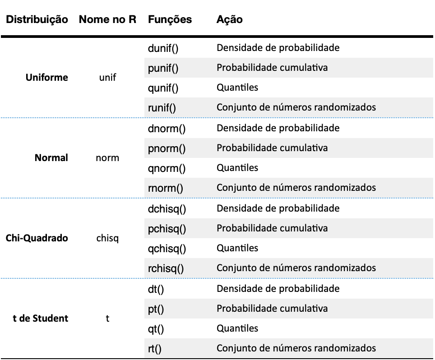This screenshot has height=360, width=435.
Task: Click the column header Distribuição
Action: pos(37,20)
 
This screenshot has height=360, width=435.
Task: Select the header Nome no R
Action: pos(108,19)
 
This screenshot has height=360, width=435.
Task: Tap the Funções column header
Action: pos(170,20)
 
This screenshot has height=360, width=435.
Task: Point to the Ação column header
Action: pos(229,20)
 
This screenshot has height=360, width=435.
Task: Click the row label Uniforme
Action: pos(46,78)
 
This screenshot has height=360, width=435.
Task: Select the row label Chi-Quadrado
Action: pos(37,238)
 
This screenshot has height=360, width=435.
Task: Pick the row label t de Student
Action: pos(41,318)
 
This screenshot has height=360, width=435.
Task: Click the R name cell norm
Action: pos(107,158)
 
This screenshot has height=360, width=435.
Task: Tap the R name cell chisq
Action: pos(107,238)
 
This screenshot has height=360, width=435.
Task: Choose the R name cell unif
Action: pos(108,78)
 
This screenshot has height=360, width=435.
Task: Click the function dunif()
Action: pos(163,48)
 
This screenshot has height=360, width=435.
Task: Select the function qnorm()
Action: pos(167,169)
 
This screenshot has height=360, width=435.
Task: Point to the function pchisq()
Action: pos(167,229)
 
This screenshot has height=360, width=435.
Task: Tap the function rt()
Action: pos(154,349)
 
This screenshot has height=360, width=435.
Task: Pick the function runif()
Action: pos(162,108)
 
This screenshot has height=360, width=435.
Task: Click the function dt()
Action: pos(156,289)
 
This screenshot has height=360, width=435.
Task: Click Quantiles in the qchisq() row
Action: pos(237,248)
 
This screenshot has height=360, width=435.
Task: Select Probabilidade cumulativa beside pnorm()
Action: pos(272,148)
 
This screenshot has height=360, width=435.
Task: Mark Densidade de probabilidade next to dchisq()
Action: pos(278,208)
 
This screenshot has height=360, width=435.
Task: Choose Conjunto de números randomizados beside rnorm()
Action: pos(296,188)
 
